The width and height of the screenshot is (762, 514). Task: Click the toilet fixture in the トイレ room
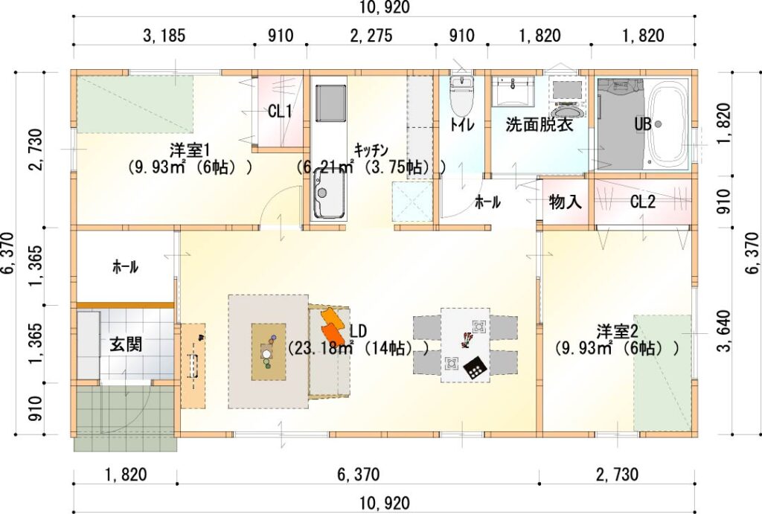pyautogui.click(x=461, y=96)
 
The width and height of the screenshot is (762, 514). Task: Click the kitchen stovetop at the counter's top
pyautogui.click(x=330, y=103)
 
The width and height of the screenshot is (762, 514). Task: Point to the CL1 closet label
pyautogui.click(x=280, y=112)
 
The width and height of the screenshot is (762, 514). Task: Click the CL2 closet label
pyautogui.click(x=642, y=202)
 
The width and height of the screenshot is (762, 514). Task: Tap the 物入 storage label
pyautogui.click(x=566, y=202)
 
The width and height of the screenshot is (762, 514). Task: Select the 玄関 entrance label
pyautogui.click(x=126, y=344)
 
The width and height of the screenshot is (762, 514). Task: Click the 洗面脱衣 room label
pyautogui.click(x=540, y=124)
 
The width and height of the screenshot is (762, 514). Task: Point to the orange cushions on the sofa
pyautogui.click(x=333, y=326)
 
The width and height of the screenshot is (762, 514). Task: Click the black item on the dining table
pyautogui.click(x=474, y=367)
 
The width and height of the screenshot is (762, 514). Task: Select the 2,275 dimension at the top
pyautogui.click(x=371, y=36)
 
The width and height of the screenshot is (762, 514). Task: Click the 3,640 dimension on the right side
pyautogui.click(x=723, y=331)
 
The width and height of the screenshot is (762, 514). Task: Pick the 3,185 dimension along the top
pyautogui.click(x=164, y=36)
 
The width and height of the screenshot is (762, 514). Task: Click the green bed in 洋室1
pyautogui.click(x=135, y=104)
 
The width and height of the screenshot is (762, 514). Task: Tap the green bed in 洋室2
pyautogui.click(x=662, y=373)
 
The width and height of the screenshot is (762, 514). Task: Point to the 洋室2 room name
pyautogui.click(x=617, y=333)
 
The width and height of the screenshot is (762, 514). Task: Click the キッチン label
pyautogui.click(x=371, y=150)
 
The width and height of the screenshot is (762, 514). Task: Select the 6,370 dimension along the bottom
pyautogui.click(x=359, y=474)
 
